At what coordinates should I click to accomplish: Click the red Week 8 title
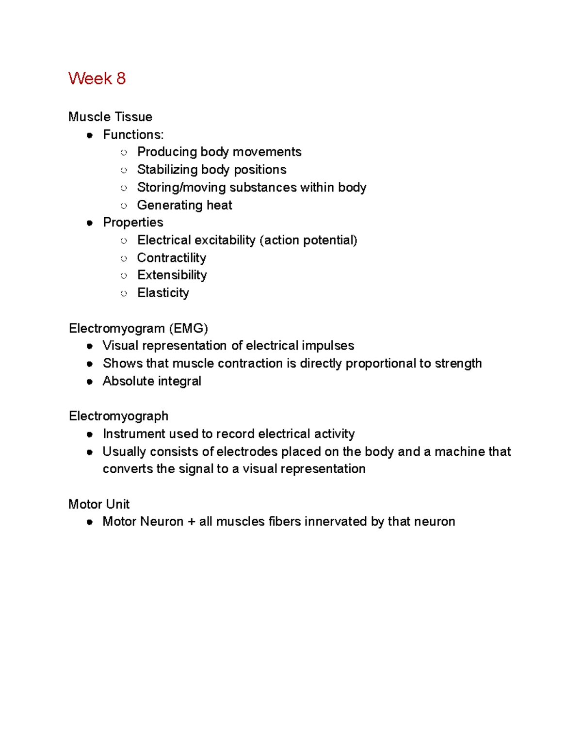tap(97, 79)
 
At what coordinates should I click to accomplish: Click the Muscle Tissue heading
tap(110, 117)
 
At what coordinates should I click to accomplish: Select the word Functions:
tap(133, 135)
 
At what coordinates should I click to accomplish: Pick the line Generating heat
tap(184, 205)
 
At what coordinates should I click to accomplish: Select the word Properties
tap(133, 223)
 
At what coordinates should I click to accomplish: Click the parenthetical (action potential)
tap(308, 240)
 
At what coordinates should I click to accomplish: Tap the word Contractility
tap(172, 258)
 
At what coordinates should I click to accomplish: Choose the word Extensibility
tap(172, 275)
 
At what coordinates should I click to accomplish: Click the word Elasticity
tap(163, 293)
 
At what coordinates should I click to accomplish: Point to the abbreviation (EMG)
tap(188, 329)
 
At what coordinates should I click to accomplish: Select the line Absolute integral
tap(152, 381)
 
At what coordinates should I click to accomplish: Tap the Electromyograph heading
tap(118, 416)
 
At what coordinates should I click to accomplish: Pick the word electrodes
tap(247, 452)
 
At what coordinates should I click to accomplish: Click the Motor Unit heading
tap(99, 504)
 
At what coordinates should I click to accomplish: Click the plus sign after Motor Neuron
tap(191, 522)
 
